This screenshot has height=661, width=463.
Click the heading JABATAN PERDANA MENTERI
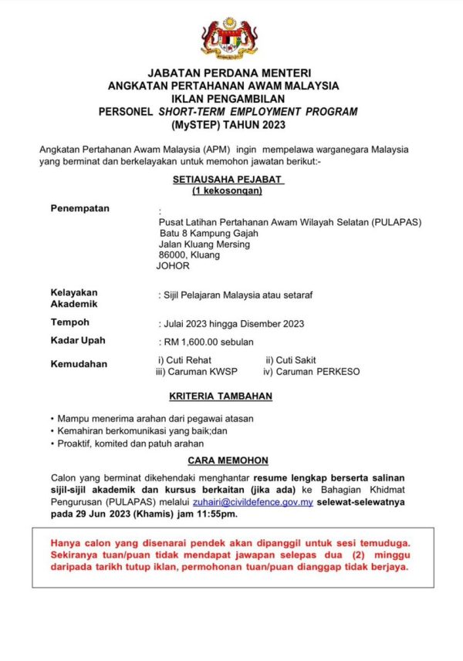click(x=229, y=73)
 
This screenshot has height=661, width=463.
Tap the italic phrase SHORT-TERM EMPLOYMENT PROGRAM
click(x=258, y=111)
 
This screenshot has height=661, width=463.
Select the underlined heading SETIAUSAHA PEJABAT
click(x=228, y=179)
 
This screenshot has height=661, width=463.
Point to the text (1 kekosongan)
click(x=228, y=191)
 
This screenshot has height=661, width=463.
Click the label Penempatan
click(x=79, y=208)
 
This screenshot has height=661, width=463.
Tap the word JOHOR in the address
click(x=172, y=266)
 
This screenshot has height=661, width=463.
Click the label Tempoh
click(x=69, y=322)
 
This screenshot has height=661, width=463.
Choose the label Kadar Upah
click(x=78, y=340)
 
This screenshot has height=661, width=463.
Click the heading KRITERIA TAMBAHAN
click(x=228, y=396)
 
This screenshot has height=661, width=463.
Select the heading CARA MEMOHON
click(x=228, y=460)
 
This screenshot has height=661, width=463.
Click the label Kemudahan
click(x=79, y=364)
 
